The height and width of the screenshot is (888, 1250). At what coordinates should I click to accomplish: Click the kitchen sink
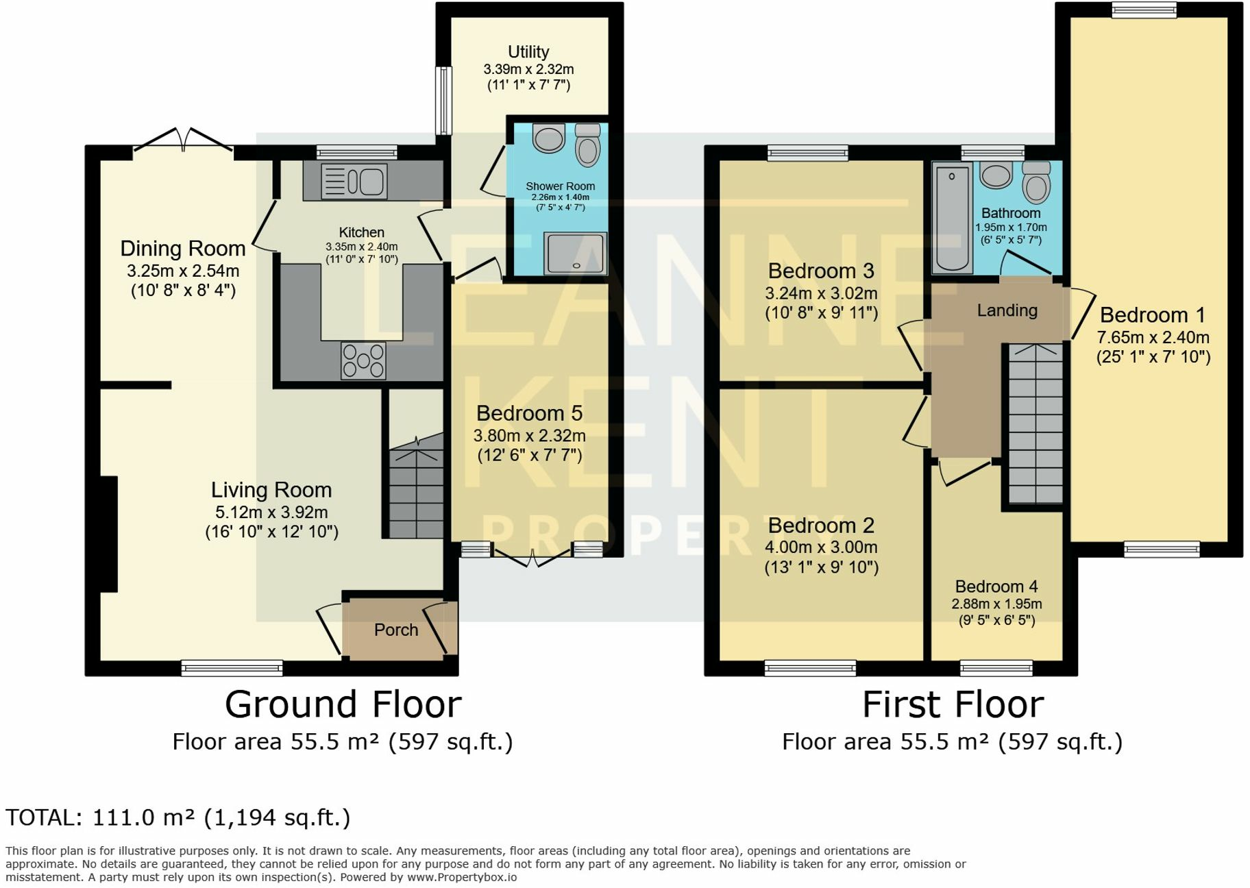[x=354, y=182]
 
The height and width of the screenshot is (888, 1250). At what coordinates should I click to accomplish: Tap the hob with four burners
[x=364, y=360]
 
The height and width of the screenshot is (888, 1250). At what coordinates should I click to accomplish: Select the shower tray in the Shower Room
[x=576, y=253]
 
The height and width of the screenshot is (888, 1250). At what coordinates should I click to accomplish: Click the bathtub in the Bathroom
[x=952, y=217]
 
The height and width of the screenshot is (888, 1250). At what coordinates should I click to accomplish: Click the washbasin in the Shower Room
[x=548, y=138]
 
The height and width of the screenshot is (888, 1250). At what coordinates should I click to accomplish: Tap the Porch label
[x=395, y=630]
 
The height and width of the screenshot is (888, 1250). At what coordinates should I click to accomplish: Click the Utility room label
[x=528, y=52]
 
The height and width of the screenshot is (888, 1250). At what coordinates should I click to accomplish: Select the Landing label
[x=1007, y=310]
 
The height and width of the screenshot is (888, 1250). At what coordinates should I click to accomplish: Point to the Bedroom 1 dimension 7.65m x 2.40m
[x=1153, y=337]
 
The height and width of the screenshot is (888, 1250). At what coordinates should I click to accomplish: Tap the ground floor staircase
[x=415, y=490]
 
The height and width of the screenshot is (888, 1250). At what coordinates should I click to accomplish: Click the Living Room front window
[x=232, y=667]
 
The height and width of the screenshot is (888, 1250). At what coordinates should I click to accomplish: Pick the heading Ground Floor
[x=343, y=704]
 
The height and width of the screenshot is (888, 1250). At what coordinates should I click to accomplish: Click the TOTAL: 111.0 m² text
[x=178, y=817]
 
